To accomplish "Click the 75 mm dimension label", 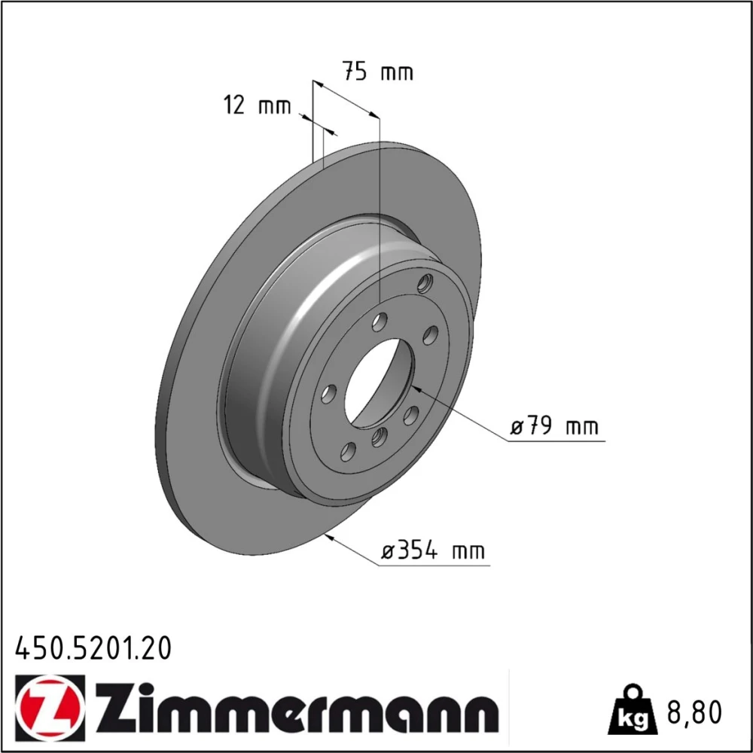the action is tap(377, 72).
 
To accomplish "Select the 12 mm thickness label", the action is tap(258, 105).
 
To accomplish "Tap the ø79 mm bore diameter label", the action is tap(555, 425).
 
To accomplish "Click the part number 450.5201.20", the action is tap(93, 648).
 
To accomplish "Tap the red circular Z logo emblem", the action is tap(50, 709).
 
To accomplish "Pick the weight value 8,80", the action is tap(694, 712).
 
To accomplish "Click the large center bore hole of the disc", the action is tap(379, 381).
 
